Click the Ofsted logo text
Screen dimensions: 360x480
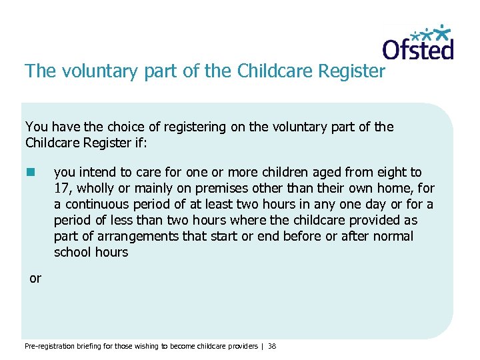pyautogui.click(x=417, y=49)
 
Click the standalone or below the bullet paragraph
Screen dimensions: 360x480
pyautogui.click(x=35, y=279)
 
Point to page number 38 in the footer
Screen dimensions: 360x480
pyautogui.click(x=272, y=346)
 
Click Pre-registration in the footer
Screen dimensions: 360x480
pyautogui.click(x=47, y=346)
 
